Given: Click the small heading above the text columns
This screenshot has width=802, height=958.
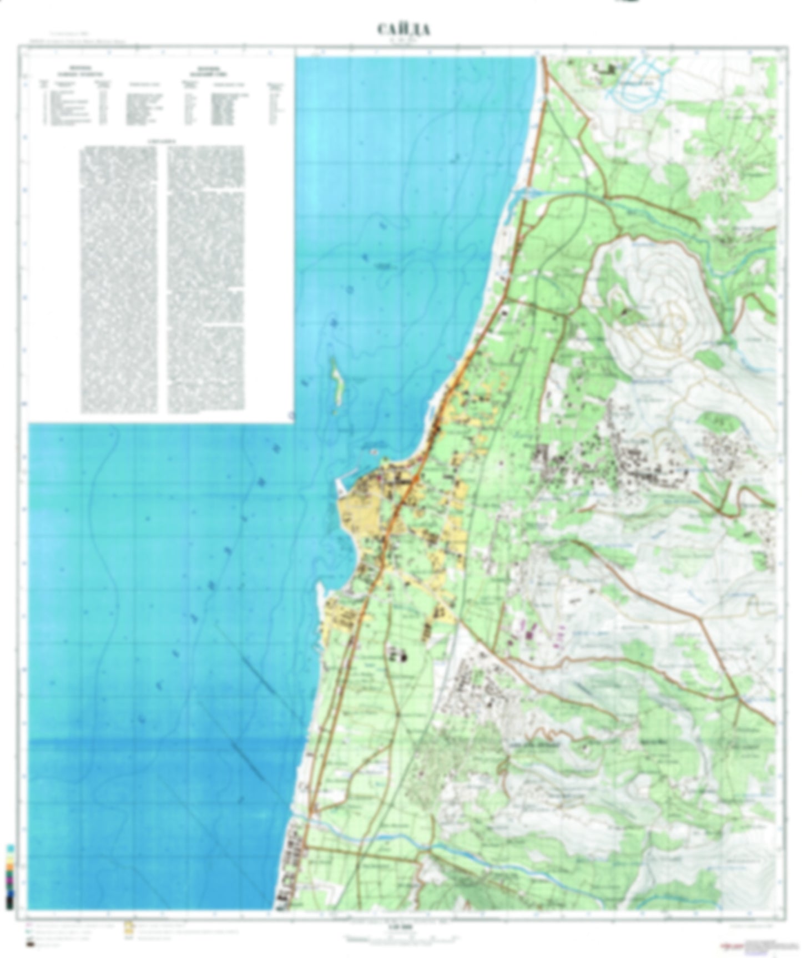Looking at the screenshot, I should coord(162,141).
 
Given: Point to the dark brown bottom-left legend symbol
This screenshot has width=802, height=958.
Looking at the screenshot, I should coord(29,943).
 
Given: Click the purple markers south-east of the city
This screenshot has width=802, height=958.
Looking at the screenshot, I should coord(530,630).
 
